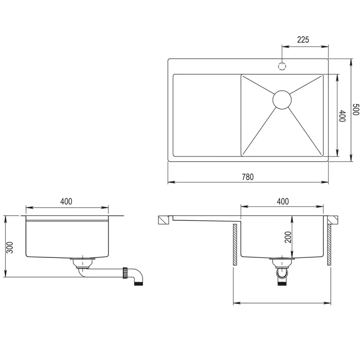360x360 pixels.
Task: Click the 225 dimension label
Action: [303, 40]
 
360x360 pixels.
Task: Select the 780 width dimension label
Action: [248, 177]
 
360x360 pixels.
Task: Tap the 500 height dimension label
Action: [356, 109]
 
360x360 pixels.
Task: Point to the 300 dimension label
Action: [10, 247]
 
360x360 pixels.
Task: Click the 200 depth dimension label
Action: [288, 237]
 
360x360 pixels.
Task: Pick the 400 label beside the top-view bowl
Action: [342, 116]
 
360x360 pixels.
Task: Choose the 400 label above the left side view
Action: [66, 201]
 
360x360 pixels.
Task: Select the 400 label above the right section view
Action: [283, 201]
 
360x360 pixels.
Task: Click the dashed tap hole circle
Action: [282, 66]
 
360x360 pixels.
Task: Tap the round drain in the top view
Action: [282, 100]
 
